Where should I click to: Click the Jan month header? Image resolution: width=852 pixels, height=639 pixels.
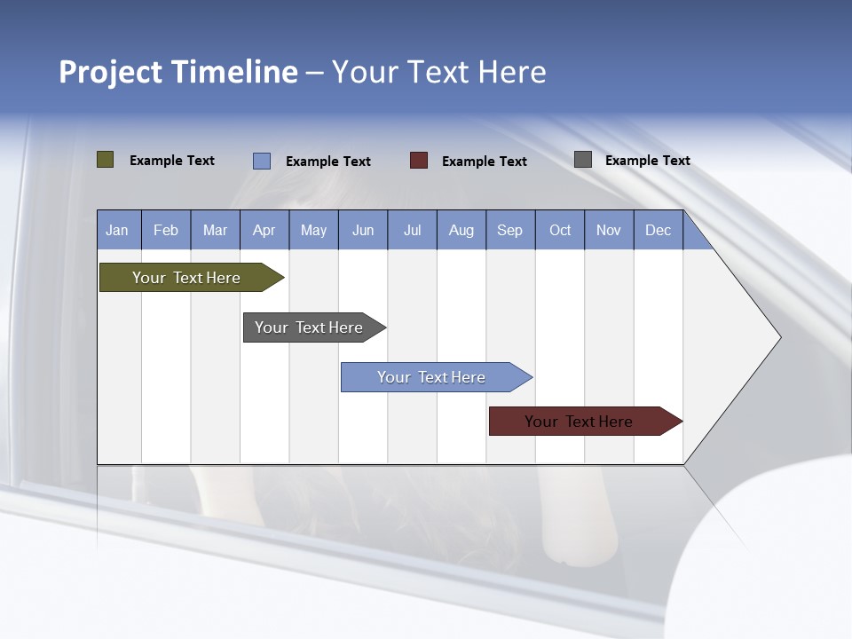pyautogui.click(x=118, y=230)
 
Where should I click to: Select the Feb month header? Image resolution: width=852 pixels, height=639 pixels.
pyautogui.click(x=166, y=230)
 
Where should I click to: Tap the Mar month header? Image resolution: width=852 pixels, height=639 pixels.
pyautogui.click(x=215, y=230)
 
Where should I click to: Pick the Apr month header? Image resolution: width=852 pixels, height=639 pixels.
pyautogui.click(x=264, y=230)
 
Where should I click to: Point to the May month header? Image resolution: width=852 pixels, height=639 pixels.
pyautogui.click(x=313, y=230)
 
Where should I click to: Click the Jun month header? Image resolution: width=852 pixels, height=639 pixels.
pyautogui.click(x=363, y=230)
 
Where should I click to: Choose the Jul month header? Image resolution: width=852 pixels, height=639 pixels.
pyautogui.click(x=412, y=230)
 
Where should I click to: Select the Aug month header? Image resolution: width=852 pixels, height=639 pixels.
pyautogui.click(x=461, y=230)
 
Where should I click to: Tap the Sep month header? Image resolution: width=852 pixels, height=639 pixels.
pyautogui.click(x=510, y=230)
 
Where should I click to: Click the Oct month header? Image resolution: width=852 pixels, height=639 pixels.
pyautogui.click(x=560, y=230)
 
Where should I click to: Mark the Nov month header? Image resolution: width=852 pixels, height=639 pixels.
pyautogui.click(x=609, y=230)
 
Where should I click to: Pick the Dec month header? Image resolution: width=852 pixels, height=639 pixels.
pyautogui.click(x=659, y=230)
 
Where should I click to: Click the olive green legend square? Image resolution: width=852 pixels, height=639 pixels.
pyautogui.click(x=106, y=160)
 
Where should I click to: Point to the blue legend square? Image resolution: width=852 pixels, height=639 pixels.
pyautogui.click(x=262, y=161)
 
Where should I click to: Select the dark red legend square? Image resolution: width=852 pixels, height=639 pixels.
pyautogui.click(x=419, y=161)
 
